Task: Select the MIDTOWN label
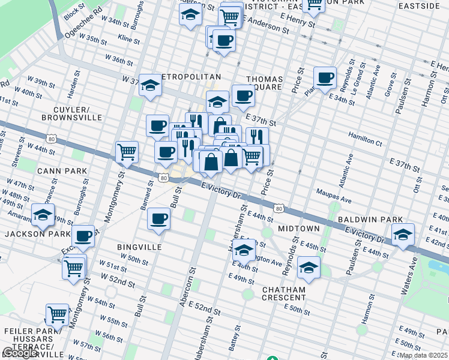click(x=298, y=229)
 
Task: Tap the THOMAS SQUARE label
click(x=264, y=82)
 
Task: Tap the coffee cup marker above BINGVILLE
click(x=159, y=218)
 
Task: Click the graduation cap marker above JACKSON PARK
click(x=43, y=215)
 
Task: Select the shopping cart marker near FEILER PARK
click(x=58, y=314)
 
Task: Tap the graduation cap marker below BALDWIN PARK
click(x=402, y=235)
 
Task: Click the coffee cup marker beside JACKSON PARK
click(x=83, y=236)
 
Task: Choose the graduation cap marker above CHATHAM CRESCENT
click(x=309, y=268)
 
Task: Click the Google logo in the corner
click(x=19, y=353)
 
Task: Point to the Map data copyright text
click(x=423, y=355)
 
